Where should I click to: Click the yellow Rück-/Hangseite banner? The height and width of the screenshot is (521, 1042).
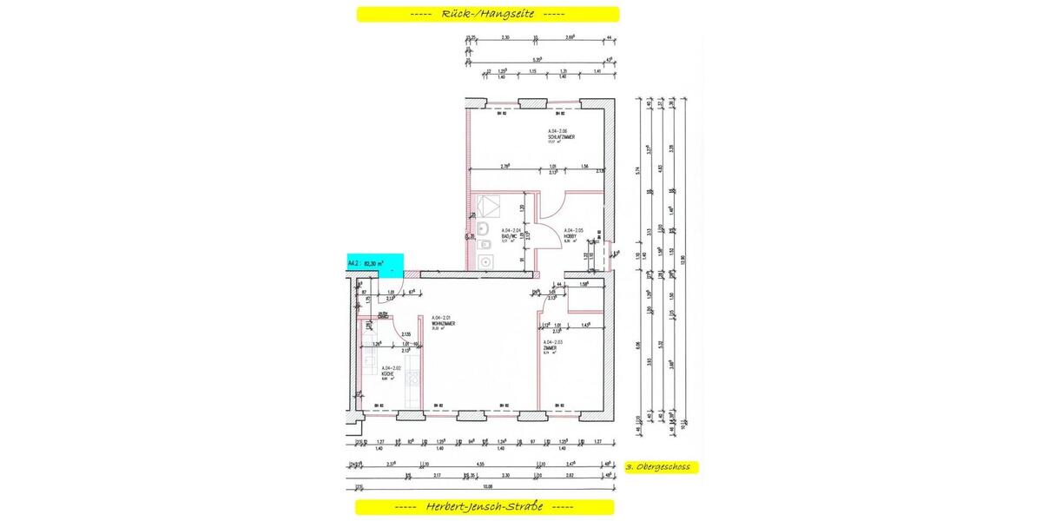[488, 14]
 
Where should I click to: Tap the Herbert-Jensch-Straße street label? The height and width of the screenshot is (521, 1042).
[485, 507]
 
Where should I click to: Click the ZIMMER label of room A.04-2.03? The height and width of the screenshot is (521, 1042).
[552, 347]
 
